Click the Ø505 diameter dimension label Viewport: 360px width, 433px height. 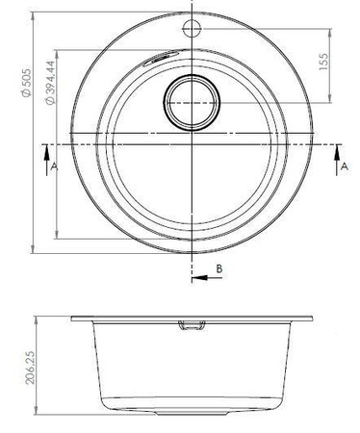[26, 83]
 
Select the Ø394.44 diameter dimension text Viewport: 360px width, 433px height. [50, 83]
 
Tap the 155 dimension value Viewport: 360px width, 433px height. [323, 62]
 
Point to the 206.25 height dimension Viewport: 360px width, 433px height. [30, 367]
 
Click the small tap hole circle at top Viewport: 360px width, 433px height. [192, 28]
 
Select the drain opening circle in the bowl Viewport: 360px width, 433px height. [192, 103]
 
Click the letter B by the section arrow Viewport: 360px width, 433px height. [219, 268]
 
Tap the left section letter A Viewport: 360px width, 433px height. [54, 166]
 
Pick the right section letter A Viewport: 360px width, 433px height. [344, 166]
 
